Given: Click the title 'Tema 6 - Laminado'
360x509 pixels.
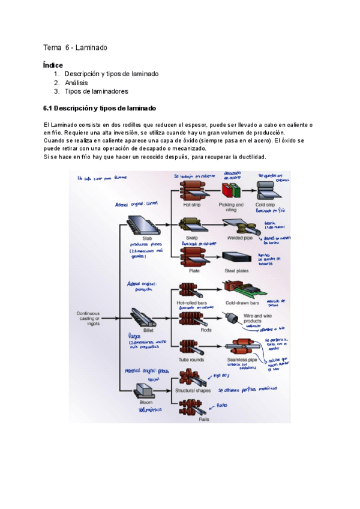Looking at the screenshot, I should (x=75, y=47).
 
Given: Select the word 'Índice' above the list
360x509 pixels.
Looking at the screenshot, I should (x=53, y=65).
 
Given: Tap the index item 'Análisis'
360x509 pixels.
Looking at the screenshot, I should (x=76, y=82).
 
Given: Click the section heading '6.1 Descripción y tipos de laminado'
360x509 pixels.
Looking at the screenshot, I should (x=100, y=108).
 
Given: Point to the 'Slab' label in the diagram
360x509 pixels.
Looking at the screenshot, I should (x=139, y=238).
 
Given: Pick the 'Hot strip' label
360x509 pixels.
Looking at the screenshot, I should (x=191, y=205).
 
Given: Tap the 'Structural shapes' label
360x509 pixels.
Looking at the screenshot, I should (x=193, y=391).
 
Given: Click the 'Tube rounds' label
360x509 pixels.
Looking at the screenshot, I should (x=191, y=360).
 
